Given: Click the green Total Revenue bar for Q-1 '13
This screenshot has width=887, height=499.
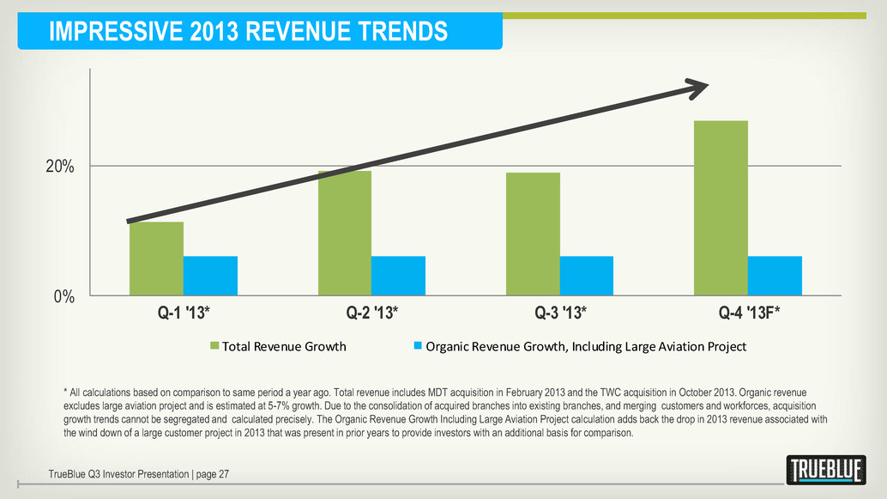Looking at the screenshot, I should pos(156,259).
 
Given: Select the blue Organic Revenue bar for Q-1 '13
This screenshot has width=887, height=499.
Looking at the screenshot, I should pos(210,276).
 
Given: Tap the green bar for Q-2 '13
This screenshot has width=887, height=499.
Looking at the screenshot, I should pos(345,233).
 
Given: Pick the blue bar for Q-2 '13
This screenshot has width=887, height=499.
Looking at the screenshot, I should pos(398,276).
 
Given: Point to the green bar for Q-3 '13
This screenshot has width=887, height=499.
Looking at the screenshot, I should pos(533,234).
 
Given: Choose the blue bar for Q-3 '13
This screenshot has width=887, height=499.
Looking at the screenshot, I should pos(587,276).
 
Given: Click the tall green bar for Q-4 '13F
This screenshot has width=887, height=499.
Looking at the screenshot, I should pos(721,208).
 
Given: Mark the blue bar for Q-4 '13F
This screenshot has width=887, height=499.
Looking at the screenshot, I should pos(775,276).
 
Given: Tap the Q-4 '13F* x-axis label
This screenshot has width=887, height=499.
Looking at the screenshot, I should pos(749,313).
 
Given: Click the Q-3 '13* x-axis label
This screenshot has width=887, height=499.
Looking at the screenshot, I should pos(560,313).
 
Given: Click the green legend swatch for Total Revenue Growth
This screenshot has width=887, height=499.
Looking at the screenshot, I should pos(215,347).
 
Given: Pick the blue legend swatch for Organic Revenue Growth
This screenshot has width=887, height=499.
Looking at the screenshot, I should pos(419,347).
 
